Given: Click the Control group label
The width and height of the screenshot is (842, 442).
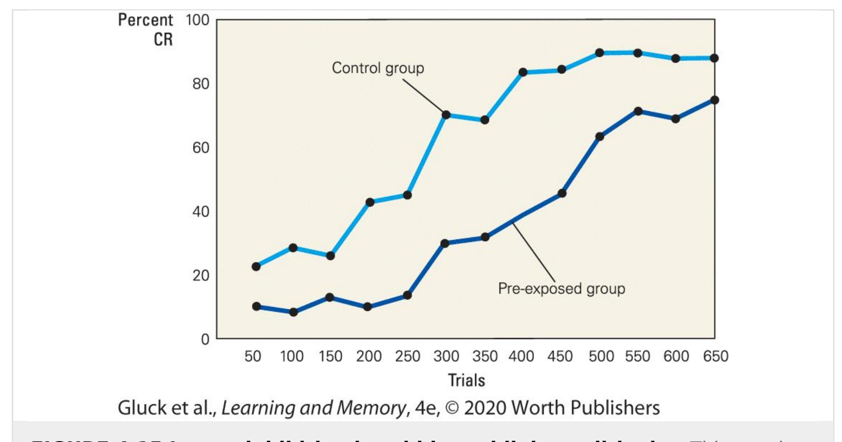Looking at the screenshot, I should (378, 68).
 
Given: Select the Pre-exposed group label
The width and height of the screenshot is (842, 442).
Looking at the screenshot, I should (561, 288).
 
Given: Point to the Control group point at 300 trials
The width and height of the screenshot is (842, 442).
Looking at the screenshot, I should (446, 115).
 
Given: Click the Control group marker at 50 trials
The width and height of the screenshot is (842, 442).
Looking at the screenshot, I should (256, 266).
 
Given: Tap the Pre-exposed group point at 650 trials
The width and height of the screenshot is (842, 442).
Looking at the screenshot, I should (714, 100).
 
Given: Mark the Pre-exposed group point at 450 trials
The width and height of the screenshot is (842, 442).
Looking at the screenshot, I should (561, 193).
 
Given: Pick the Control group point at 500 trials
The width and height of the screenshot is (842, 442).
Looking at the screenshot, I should (599, 53).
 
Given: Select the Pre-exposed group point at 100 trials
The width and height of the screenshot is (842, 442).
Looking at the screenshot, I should (293, 312).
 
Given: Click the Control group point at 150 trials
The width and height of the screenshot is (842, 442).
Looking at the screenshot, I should (331, 256).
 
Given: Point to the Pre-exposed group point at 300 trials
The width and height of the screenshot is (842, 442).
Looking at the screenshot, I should (445, 243).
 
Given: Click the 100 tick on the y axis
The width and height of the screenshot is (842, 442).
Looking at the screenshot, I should (197, 20).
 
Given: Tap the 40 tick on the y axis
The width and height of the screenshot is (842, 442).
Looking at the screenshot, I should (201, 212).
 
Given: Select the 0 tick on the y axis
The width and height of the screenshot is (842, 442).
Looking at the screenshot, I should (205, 339).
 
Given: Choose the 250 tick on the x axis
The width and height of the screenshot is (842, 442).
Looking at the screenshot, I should (408, 357).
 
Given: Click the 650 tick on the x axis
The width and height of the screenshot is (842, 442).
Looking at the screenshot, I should (715, 357).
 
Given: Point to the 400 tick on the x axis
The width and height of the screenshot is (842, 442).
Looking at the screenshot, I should (521, 357).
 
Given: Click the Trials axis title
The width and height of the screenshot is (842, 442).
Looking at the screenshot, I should (466, 380).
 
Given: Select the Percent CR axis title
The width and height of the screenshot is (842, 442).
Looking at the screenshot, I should (146, 29).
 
